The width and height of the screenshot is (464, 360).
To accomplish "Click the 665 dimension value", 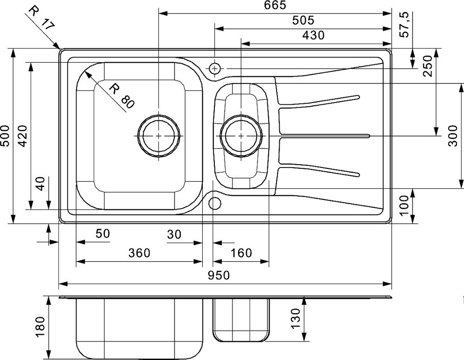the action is pos(276,5).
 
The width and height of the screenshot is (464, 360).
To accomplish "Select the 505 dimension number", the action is pos(303,20).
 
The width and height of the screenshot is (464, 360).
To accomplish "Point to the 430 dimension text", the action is pos(313,36).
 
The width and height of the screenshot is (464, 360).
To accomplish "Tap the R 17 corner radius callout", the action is pos(42,18).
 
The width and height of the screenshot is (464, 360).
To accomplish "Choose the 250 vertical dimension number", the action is pos(428,66).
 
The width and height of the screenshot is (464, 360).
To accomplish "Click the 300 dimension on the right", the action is pos(453,136).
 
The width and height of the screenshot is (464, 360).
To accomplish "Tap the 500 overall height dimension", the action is pos(5,136).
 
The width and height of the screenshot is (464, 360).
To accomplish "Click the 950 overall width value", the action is pos(219,276).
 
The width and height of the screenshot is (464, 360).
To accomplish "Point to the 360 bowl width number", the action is pos(139,253).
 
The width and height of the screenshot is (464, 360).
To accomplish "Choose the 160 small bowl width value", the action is pos(241,253).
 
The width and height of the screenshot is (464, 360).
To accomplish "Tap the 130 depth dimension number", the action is pos(296,318).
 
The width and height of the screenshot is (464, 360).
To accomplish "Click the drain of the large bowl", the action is pos(159,136).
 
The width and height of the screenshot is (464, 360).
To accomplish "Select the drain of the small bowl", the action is pos(241,136).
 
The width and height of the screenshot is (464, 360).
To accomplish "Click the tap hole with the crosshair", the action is pos(215,69).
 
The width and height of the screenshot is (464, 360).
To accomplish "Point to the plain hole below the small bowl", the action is pos(215,203).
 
